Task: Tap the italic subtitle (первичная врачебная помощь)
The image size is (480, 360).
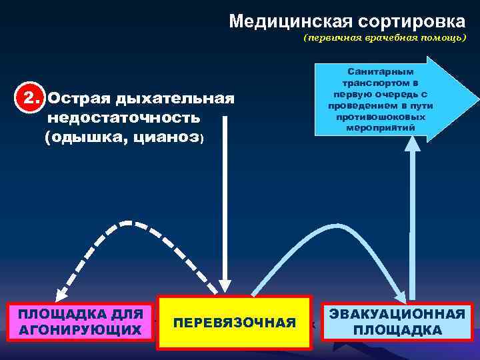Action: click(385, 38)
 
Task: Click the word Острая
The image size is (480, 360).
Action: click(79, 99)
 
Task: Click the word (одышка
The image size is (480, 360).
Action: click(83, 137)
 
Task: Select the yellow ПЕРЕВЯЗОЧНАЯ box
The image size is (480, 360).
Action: click(234, 323)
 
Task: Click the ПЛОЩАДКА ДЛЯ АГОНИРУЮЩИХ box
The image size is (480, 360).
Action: click(80, 321)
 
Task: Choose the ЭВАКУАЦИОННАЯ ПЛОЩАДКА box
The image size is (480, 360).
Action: click(397, 322)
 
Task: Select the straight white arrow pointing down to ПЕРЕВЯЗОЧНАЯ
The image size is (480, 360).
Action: click(226, 200)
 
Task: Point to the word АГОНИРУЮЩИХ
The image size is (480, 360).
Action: click(80, 330)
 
